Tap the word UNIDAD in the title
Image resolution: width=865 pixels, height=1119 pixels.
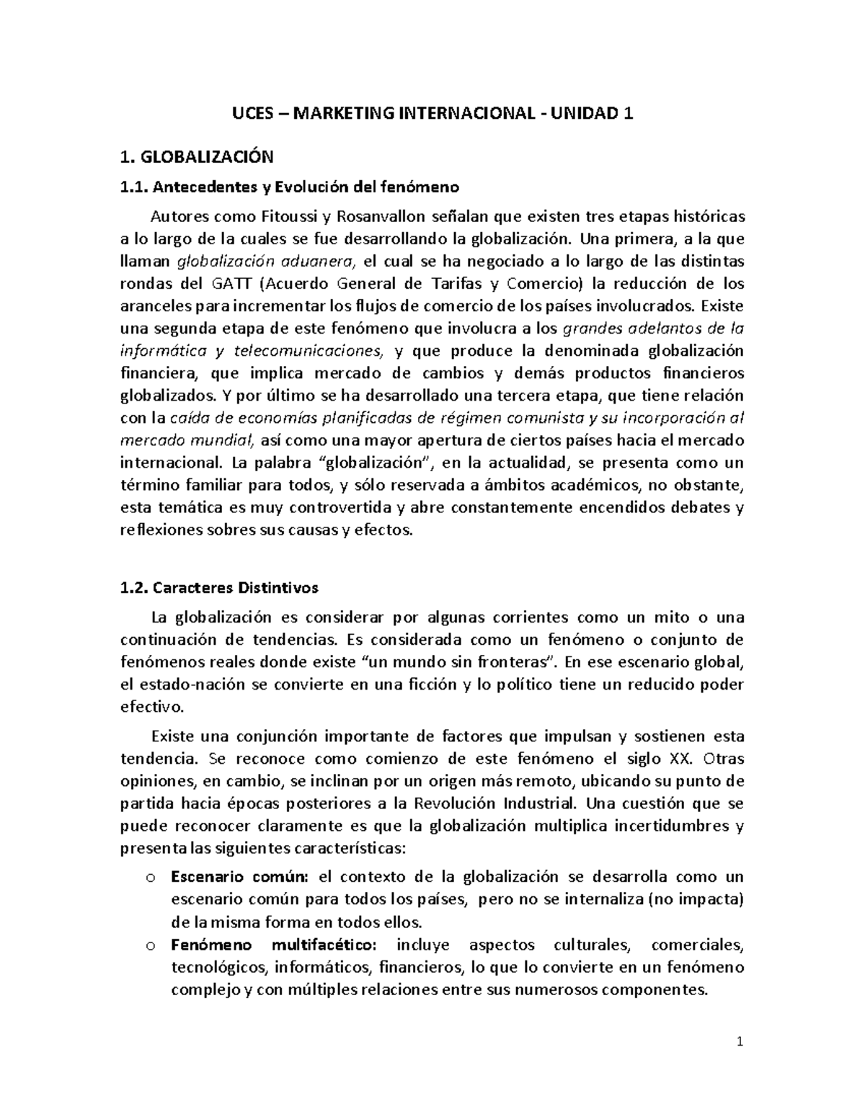tap(585, 113)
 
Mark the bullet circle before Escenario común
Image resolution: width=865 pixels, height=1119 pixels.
tap(149, 878)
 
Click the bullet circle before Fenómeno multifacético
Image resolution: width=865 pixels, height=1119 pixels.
tap(149, 945)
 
